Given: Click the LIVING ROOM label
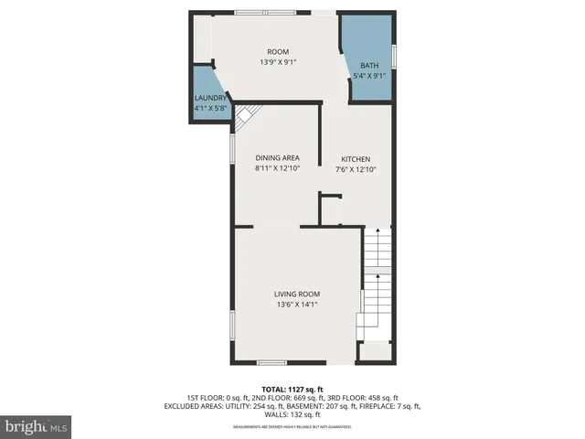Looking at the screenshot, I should [x=297, y=294].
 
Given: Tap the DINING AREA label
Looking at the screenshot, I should [x=277, y=157].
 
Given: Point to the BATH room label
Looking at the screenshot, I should [x=369, y=65].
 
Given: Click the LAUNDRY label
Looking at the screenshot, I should [x=209, y=98].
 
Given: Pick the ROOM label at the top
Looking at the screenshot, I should [x=278, y=51].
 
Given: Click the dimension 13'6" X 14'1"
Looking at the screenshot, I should [x=297, y=306].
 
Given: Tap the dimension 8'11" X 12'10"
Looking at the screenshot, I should [x=277, y=169].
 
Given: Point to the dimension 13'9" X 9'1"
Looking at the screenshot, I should [x=278, y=62].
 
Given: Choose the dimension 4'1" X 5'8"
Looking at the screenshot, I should [x=209, y=109].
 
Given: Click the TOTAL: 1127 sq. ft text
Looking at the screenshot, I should [x=292, y=388].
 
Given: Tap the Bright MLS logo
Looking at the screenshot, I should [x=36, y=426].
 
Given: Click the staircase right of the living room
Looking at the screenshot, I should [x=377, y=279].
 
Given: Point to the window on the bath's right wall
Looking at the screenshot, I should [x=394, y=54].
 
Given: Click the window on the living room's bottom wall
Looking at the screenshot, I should [x=271, y=363].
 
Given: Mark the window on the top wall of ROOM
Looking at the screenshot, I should [x=259, y=12].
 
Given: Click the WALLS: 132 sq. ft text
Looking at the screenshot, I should [x=292, y=415].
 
